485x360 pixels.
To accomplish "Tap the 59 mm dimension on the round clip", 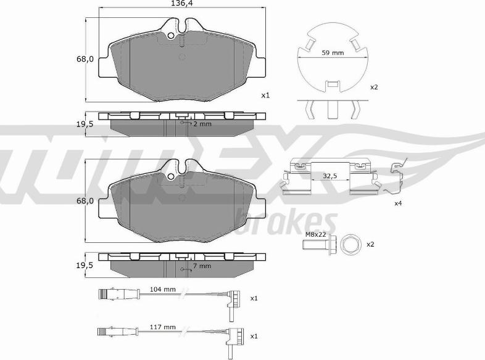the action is click(x=333, y=53).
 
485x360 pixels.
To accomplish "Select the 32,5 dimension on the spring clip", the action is click(x=330, y=176).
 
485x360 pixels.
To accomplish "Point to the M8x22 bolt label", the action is click(x=315, y=234).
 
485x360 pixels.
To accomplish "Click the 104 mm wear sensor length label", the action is click(x=162, y=289).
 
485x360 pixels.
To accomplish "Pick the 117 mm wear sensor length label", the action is click(x=162, y=327).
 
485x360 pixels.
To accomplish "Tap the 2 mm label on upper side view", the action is click(x=202, y=124).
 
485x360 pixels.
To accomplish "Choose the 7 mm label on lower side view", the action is click(x=202, y=266).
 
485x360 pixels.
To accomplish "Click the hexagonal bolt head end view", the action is click(x=350, y=245).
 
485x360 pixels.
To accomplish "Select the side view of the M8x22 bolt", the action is click(x=318, y=245).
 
